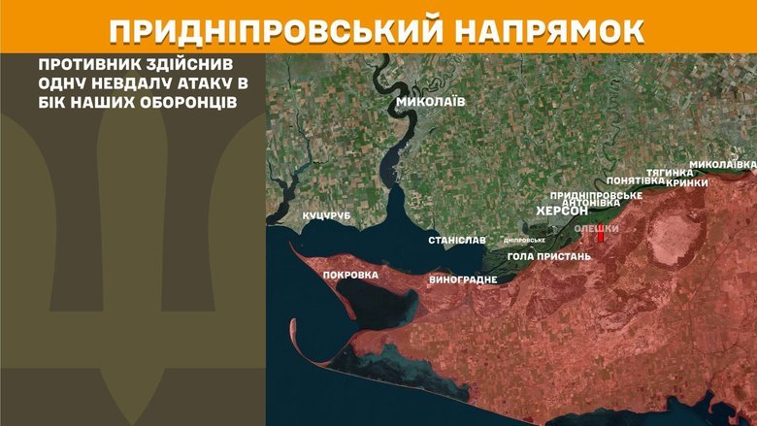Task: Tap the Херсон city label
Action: (x=563, y=213)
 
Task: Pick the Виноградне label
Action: (x=463, y=279)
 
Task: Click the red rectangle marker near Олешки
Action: (x=601, y=235)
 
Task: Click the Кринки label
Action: (x=687, y=181)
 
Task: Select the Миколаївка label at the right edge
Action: (x=722, y=164)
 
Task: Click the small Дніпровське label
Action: (x=524, y=240)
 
